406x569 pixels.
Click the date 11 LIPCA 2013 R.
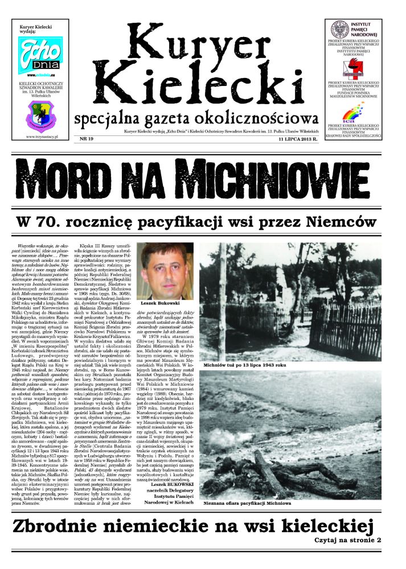click(300, 139)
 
